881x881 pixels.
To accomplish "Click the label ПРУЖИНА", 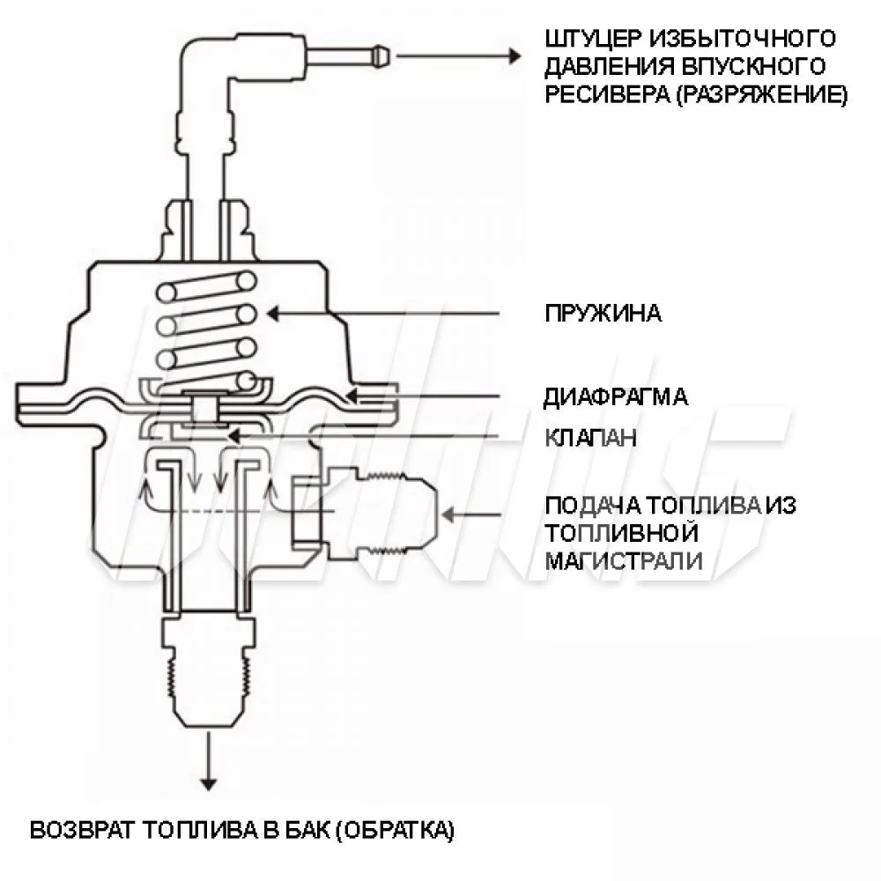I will tap(603, 314).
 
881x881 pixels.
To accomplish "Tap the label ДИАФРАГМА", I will tap(616, 396).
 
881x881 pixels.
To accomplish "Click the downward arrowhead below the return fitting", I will tap(209, 781).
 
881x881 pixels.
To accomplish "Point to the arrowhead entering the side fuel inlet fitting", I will tap(448, 513).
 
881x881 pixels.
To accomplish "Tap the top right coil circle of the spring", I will tap(246, 280).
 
